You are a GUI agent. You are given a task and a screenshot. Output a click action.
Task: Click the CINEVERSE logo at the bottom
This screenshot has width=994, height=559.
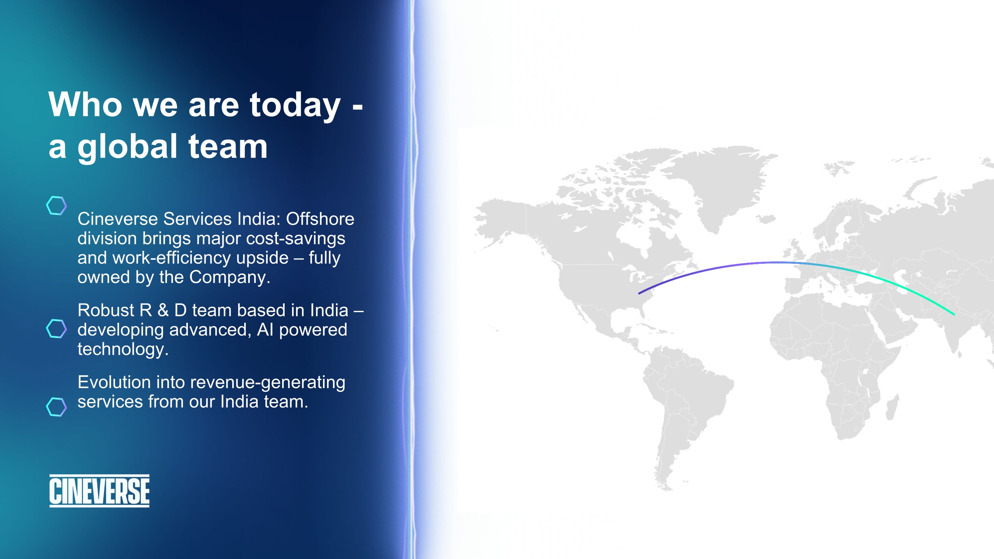tap(99, 491)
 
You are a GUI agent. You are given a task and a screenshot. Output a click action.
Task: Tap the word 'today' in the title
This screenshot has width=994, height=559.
tap(295, 106)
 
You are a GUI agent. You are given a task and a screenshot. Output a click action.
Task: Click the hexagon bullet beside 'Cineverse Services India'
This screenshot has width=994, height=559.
tap(56, 206)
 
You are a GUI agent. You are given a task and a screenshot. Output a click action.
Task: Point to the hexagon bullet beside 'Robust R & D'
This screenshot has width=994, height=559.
tap(56, 329)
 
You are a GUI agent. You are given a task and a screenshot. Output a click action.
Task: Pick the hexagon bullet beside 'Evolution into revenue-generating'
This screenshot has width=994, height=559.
tap(56, 407)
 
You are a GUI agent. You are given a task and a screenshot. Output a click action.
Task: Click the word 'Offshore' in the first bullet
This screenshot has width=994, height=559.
tap(320, 219)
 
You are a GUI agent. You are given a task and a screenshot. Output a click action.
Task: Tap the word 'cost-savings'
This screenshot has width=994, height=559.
tap(296, 239)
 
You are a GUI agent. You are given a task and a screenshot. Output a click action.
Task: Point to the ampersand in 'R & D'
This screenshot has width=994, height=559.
tap(163, 310)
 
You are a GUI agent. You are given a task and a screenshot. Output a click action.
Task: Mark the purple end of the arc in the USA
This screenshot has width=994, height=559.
tap(639, 294)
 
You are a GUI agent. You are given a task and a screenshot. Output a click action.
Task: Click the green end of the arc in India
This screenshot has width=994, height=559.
tap(954, 314)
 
